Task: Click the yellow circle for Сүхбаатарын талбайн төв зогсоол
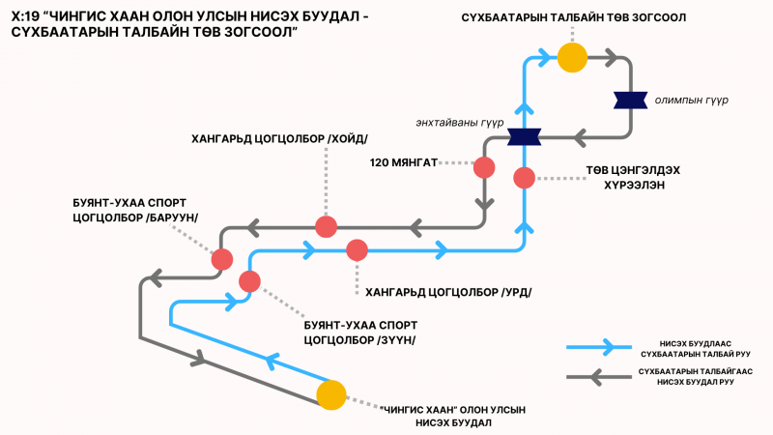[572, 58]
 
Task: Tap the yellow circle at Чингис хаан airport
[330, 395]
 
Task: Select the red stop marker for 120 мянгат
[484, 166]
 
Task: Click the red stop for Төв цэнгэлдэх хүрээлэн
[524, 178]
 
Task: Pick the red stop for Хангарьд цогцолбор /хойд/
[327, 227]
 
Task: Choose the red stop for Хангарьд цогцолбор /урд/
[357, 249]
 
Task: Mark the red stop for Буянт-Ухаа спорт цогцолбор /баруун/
[222, 259]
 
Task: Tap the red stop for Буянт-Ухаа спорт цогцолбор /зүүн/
[249, 281]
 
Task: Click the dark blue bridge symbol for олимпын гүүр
[630, 101]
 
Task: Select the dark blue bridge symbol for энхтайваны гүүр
[524, 136]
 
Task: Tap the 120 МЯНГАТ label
[404, 162]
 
